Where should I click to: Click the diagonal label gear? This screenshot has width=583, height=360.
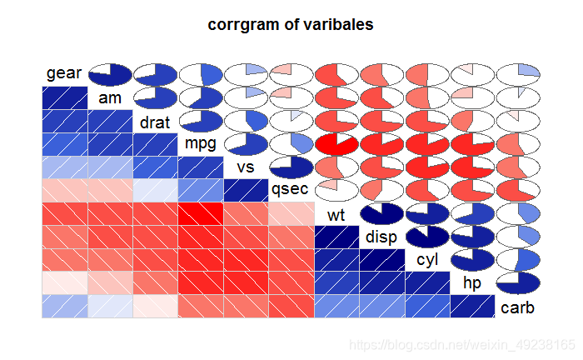point(63,73)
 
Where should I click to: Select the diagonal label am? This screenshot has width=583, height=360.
point(110,98)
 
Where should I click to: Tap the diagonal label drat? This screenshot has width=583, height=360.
point(155,122)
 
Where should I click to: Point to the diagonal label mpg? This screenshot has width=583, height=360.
point(201,143)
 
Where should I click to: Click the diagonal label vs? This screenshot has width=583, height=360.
point(246,167)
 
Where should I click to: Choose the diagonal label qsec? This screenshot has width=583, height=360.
point(290,189)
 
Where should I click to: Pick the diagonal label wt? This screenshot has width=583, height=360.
point(336,215)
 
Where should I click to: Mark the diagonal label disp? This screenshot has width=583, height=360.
point(381,237)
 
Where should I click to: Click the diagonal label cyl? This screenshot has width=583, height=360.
point(427,260)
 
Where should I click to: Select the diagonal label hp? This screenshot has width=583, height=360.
point(472,283)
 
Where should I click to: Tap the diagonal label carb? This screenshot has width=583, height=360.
point(517,308)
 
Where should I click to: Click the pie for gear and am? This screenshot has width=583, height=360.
point(110,75)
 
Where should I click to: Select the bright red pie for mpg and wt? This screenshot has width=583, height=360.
point(336,144)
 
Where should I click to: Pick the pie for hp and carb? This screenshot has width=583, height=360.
point(518,283)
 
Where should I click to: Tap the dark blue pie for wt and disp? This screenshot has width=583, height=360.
point(381,214)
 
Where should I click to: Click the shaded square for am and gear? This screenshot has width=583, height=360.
point(65,97)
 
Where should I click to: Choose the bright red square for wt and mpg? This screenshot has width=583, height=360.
point(201,214)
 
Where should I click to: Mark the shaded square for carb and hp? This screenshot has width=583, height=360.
point(472,307)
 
